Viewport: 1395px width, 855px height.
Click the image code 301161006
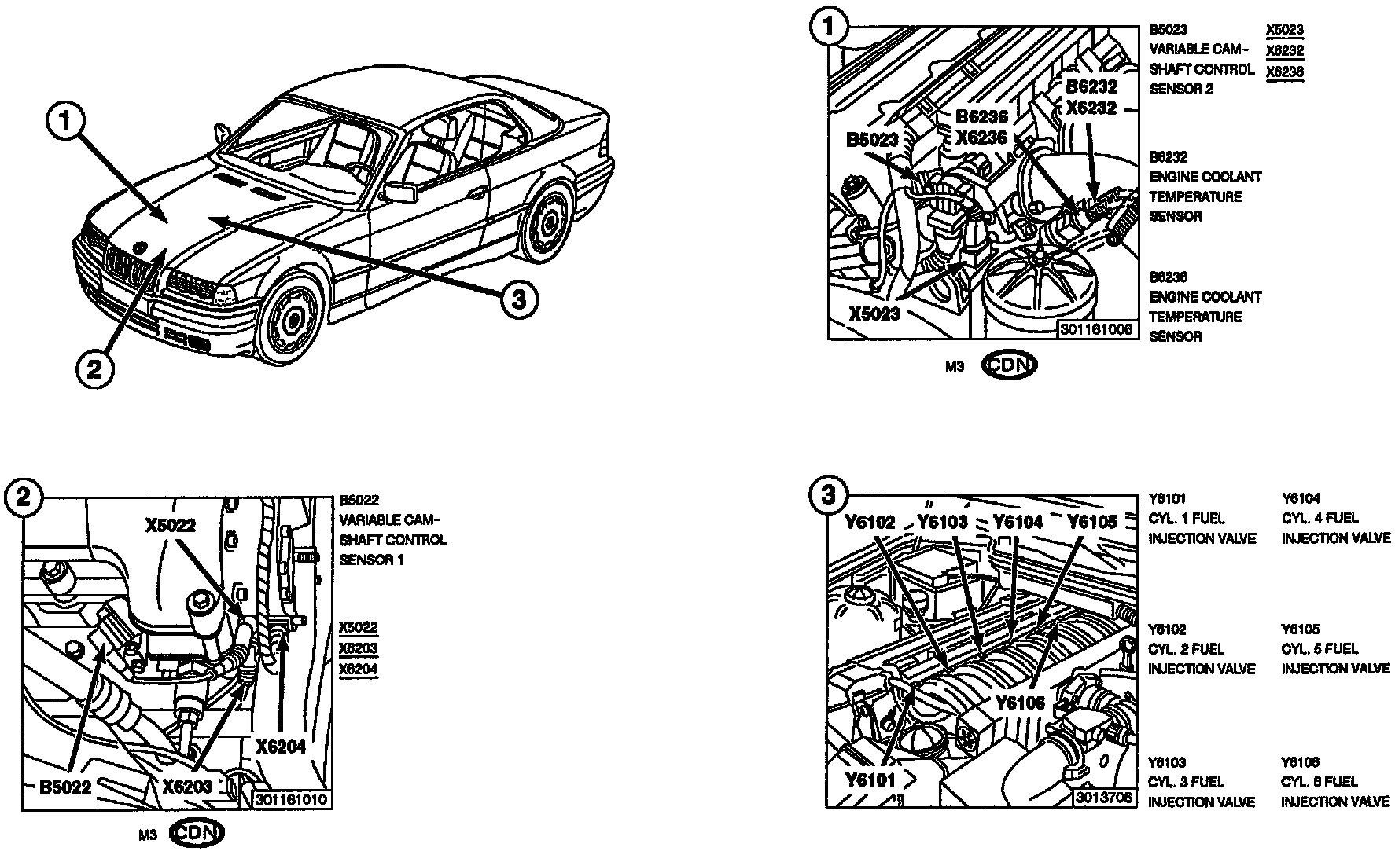click(1096, 330)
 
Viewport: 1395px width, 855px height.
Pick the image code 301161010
click(290, 800)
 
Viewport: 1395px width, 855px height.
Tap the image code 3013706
click(1105, 798)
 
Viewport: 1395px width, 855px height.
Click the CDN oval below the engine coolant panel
click(1010, 365)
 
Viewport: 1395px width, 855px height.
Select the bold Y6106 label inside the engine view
click(1020, 702)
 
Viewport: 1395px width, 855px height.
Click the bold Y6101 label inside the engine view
click(870, 780)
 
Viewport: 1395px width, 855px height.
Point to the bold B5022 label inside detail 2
click(66, 786)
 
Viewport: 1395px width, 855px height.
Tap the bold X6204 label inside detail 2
click(280, 747)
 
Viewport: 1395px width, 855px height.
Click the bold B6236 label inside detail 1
click(981, 117)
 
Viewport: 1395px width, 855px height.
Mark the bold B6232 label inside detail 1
click(1091, 87)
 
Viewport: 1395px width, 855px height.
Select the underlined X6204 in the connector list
click(358, 669)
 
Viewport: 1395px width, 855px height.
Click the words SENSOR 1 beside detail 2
click(371, 560)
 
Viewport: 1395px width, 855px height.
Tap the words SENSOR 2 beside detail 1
click(1181, 89)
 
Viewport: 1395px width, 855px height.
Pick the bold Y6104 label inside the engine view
click(1018, 522)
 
